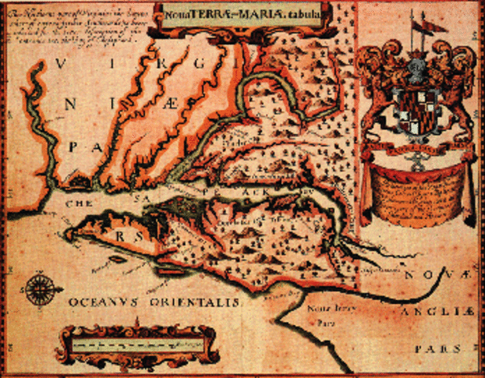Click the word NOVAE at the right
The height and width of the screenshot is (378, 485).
coord(434,275)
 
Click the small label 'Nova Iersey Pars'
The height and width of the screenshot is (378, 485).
coord(324,315)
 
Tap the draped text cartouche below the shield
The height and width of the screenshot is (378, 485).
coord(413,189)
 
